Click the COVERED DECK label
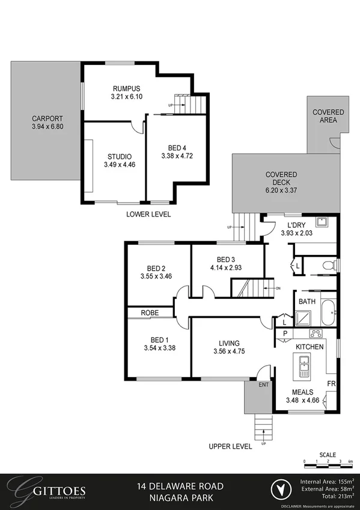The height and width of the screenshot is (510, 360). click(281, 175)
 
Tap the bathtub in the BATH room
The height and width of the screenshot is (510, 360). click(328, 312)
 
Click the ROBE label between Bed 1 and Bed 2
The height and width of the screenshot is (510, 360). click(150, 313)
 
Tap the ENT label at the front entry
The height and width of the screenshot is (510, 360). click(263, 384)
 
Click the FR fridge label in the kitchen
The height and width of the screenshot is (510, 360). click(331, 382)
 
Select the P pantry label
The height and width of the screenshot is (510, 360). click(285, 333)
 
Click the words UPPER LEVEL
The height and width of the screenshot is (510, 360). click(230, 446)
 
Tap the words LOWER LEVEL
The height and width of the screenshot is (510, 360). click(148, 214)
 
